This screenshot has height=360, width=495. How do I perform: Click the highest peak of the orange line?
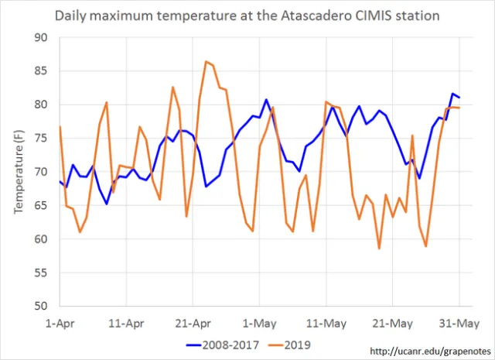tap(206, 61)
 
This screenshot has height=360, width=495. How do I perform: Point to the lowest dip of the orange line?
tap(379, 249)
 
